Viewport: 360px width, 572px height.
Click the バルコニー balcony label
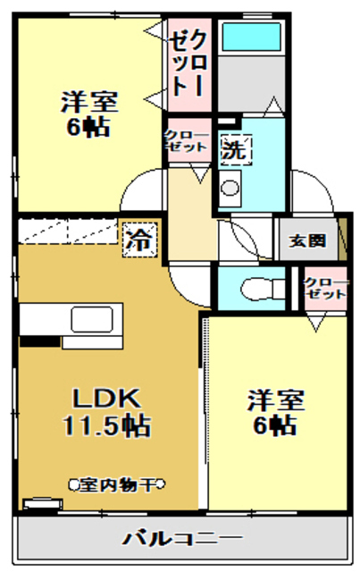pos(182,539)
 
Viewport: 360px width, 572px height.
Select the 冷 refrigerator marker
pos(138,239)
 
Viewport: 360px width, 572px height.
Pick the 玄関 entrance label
pos(306,241)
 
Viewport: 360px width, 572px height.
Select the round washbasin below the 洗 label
pos(230,189)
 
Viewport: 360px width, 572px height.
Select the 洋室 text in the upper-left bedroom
pos(89,102)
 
